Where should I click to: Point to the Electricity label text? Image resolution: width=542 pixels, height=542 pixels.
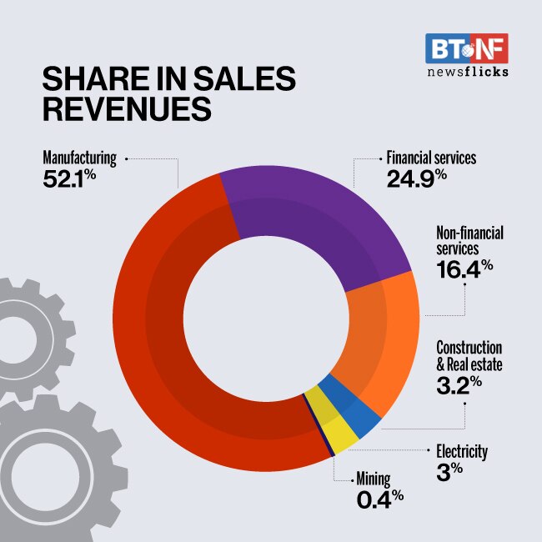point(462,452)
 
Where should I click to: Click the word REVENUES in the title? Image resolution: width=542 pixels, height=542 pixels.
point(125,111)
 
